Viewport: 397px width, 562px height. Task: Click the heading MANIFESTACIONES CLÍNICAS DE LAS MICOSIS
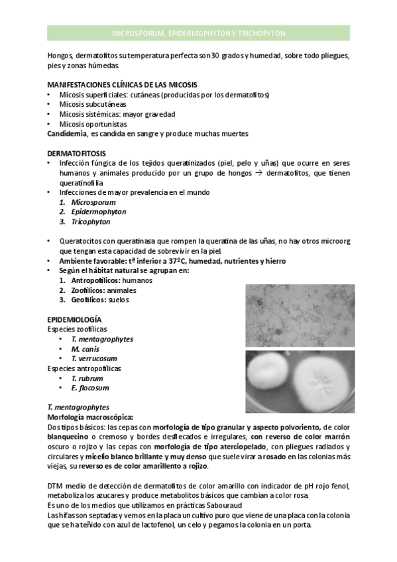tap(122, 84)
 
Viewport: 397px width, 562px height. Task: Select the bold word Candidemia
tap(66, 133)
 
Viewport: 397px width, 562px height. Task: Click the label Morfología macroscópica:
tap(90, 418)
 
